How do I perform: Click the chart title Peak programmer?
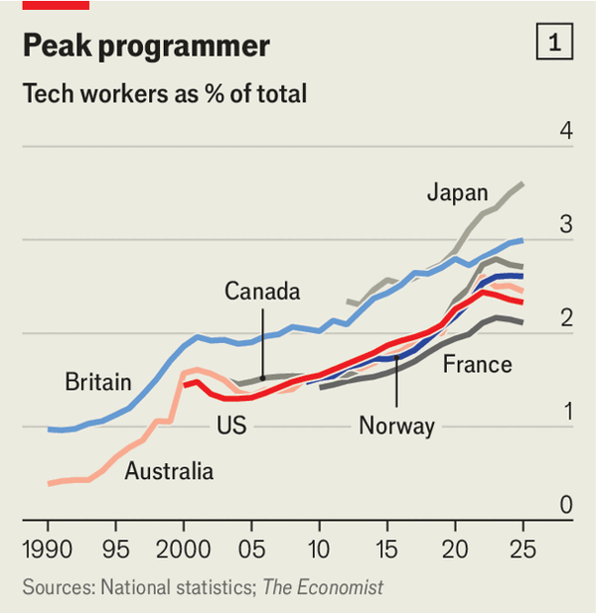[x=145, y=47]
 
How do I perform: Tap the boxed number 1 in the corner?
[x=553, y=43]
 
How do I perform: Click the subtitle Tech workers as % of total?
[x=164, y=95]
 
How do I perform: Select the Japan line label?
[x=457, y=192]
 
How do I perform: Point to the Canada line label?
[x=261, y=292]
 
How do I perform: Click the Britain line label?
[x=97, y=382]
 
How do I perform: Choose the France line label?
[x=477, y=364]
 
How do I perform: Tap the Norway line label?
[x=396, y=427]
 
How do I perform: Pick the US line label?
[x=230, y=426]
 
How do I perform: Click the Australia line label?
[x=169, y=471]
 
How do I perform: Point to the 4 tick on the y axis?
[x=565, y=131]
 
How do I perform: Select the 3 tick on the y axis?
[x=565, y=225]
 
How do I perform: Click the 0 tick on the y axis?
[x=565, y=506]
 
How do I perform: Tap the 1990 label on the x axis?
[x=48, y=549]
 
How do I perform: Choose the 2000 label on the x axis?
[x=183, y=549]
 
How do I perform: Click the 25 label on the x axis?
[x=522, y=549]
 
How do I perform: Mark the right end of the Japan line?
[x=523, y=184]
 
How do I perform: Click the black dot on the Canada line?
[x=262, y=378]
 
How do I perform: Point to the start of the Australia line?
[x=49, y=483]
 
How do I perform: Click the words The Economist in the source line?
[x=323, y=587]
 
